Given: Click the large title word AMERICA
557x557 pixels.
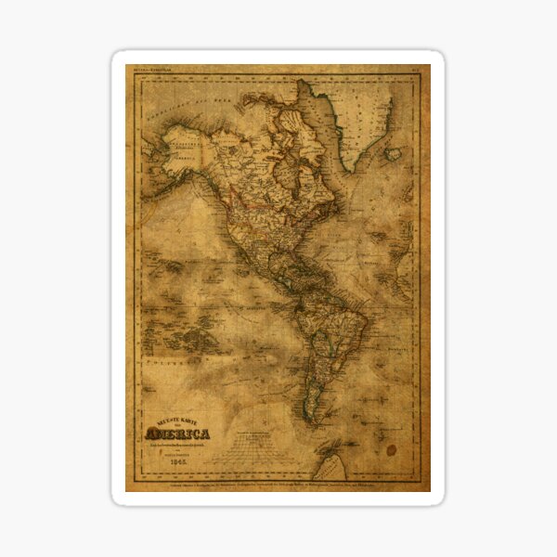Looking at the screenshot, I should tap(177, 434).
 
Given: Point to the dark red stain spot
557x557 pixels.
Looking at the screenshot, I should tap(391, 449).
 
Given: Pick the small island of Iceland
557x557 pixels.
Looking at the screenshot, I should tap(394, 153).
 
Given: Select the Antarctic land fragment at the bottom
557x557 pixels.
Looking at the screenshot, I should tap(329, 460).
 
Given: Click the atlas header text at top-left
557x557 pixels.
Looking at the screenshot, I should tap(153, 70).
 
